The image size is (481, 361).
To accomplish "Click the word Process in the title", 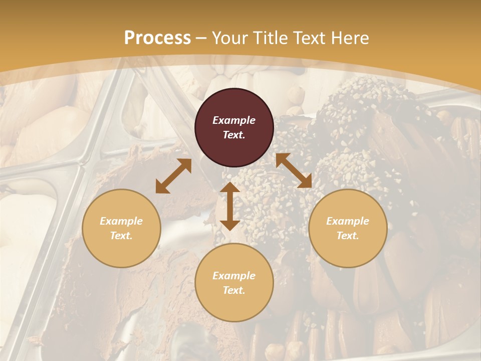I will click(x=157, y=38).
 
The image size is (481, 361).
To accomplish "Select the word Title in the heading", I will click(x=271, y=38).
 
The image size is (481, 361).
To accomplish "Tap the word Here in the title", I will click(x=350, y=38).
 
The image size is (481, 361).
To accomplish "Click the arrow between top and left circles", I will click(x=173, y=176).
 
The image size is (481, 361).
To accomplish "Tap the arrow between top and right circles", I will click(x=294, y=170).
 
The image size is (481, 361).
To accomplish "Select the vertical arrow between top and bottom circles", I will click(x=230, y=206).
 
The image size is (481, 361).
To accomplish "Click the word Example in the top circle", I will click(x=234, y=120).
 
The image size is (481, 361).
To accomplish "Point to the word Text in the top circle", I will click(x=234, y=135).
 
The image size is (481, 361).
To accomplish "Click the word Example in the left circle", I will click(x=121, y=221).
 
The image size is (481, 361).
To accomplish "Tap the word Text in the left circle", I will click(x=121, y=236).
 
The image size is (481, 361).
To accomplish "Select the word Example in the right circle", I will click(x=348, y=221).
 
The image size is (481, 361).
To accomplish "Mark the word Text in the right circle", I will click(x=348, y=236).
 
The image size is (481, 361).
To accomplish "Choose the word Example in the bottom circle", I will click(x=234, y=276).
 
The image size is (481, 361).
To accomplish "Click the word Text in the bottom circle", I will click(x=234, y=290).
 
